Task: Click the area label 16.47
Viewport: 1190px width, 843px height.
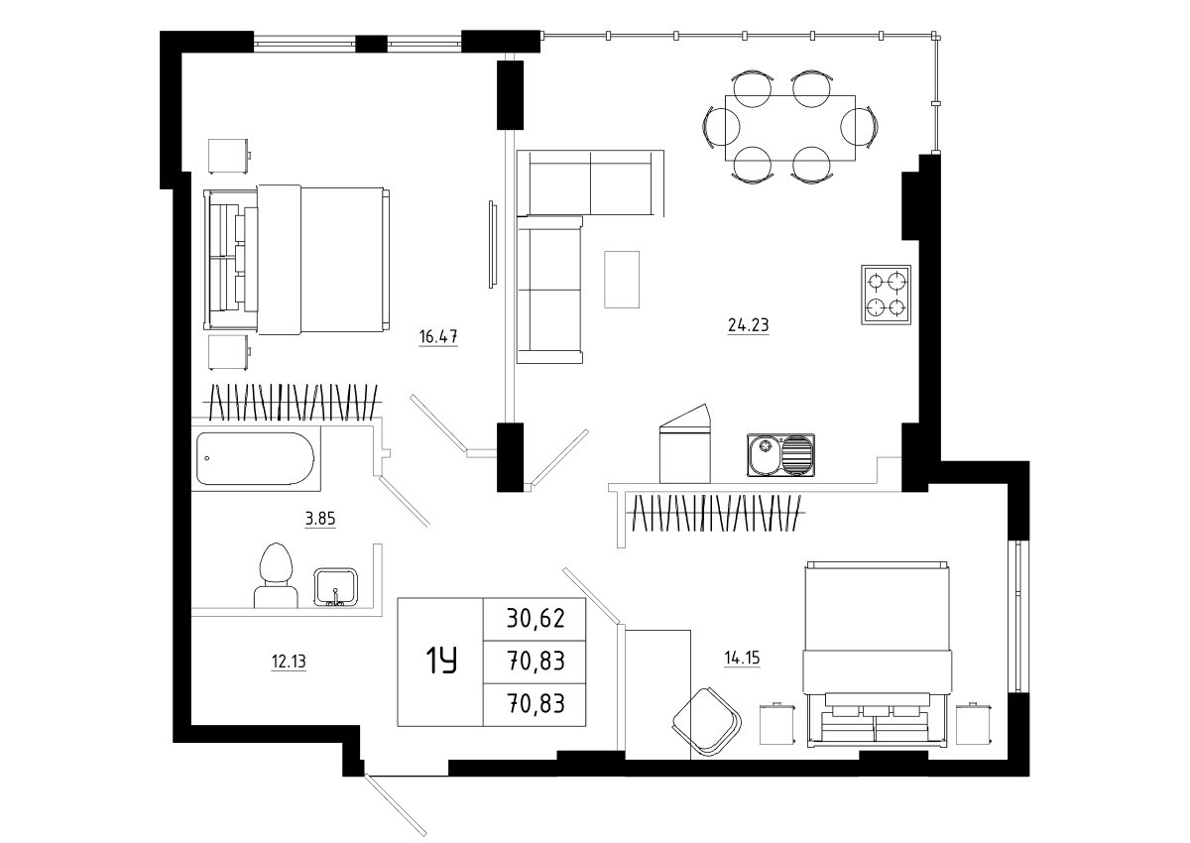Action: (437, 337)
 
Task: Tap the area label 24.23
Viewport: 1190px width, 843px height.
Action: (748, 324)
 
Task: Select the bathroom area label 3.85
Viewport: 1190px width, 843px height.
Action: (320, 519)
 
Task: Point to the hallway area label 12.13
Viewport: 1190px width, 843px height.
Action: (289, 662)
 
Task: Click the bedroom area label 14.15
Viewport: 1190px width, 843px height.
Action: (742, 659)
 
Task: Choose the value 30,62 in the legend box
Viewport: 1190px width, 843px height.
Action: (535, 619)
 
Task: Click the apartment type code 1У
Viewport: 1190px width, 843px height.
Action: (441, 661)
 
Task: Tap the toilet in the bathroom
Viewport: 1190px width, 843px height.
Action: (276, 576)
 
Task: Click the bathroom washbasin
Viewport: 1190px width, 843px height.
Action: (336, 587)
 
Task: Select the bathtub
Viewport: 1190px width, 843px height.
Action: (255, 458)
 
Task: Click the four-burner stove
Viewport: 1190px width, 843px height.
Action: (887, 295)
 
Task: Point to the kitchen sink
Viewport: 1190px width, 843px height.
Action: (781, 455)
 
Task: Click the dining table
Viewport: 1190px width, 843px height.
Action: (790, 128)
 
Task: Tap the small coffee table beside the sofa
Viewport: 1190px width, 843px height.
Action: (622, 280)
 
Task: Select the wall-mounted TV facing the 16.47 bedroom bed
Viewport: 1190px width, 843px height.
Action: (493, 245)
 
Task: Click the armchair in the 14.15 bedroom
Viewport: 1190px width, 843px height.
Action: (707, 722)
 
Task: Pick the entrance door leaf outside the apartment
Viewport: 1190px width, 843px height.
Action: (396, 805)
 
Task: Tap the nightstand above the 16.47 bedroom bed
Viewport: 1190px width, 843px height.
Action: (228, 156)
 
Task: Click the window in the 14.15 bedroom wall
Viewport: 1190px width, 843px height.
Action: (1018, 617)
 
